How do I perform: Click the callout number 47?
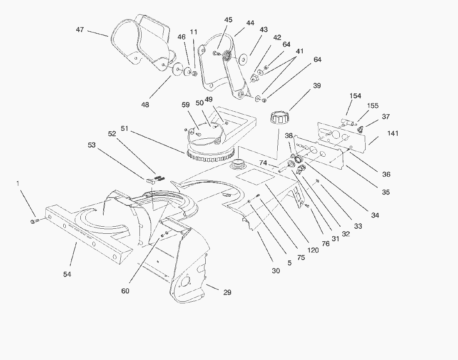(80, 30)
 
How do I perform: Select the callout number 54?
(67, 274)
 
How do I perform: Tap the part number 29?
(227, 292)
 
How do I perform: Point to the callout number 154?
(355, 96)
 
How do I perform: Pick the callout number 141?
(393, 133)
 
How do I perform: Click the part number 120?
(313, 250)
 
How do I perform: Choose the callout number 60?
(125, 291)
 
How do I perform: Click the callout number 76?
(326, 244)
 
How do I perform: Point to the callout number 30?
(276, 270)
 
